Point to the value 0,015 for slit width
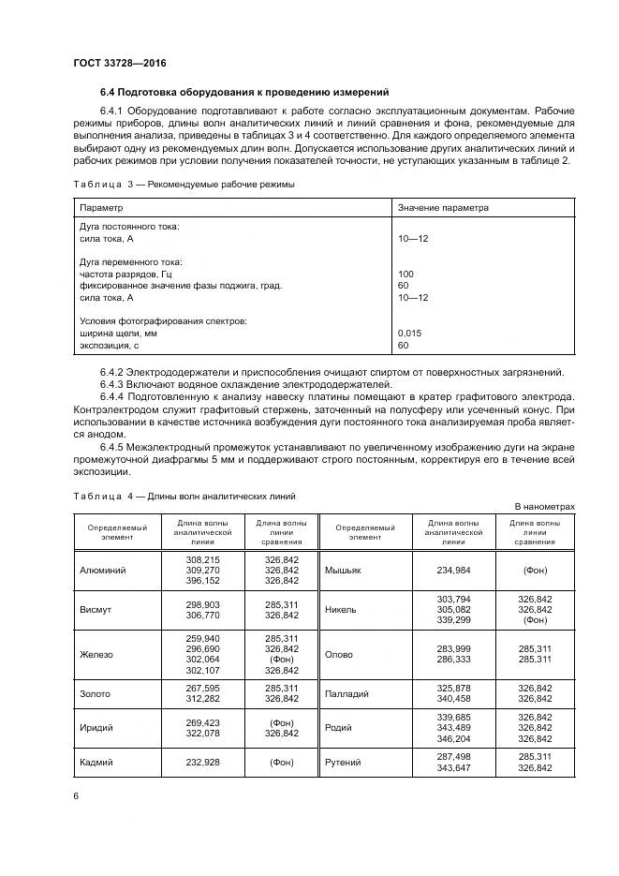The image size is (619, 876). click(409, 333)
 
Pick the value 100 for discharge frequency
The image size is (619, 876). click(405, 273)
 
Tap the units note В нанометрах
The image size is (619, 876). click(544, 506)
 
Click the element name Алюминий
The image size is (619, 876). click(103, 569)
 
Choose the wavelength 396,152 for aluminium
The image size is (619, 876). click(203, 580)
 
